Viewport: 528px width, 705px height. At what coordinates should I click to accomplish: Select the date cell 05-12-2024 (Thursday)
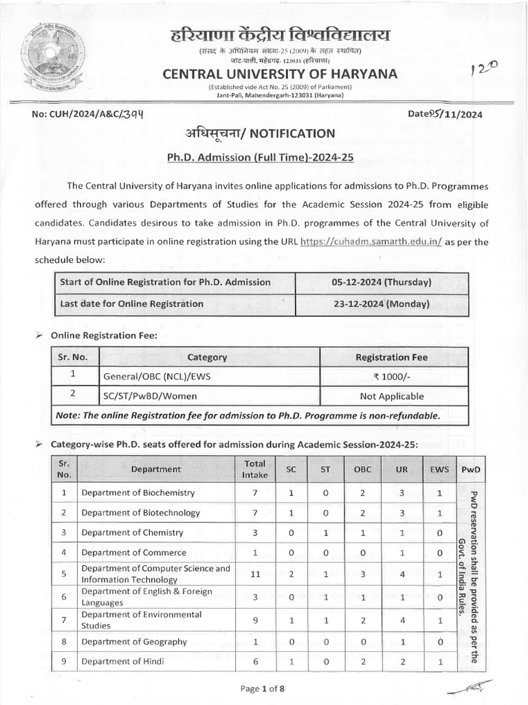point(382,282)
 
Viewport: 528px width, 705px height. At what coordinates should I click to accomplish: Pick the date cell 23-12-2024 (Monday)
point(382,304)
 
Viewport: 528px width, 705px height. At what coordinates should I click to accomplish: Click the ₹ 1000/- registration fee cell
point(391,377)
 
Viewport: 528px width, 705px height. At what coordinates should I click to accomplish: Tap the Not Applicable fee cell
point(391,396)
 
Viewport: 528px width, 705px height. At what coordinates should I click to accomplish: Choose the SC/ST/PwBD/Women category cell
point(150,396)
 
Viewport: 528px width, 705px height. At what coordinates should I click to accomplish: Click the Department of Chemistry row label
point(132,532)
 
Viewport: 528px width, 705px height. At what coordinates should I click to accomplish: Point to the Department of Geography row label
point(134,642)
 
